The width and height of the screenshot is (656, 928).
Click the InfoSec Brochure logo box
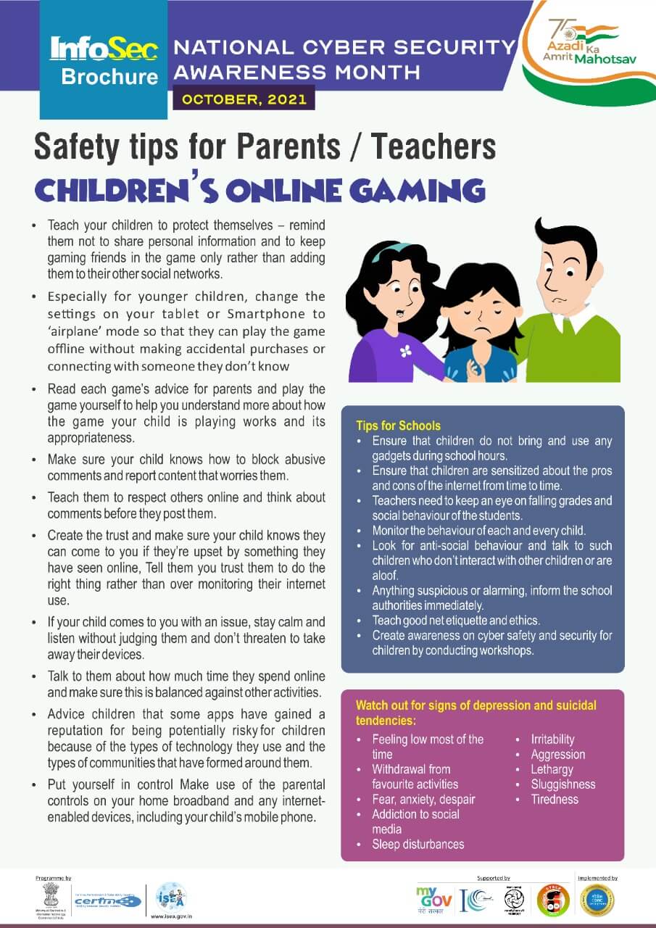tap(104, 60)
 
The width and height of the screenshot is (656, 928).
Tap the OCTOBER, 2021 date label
tap(244, 99)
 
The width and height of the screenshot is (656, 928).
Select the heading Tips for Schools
tap(398, 426)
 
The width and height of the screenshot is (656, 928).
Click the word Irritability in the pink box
tap(552, 739)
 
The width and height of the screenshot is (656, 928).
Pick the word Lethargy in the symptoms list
tap(552, 769)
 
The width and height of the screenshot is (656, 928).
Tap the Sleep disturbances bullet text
tap(418, 844)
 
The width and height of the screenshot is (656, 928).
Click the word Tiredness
tap(555, 799)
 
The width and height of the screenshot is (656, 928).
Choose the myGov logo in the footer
tap(433, 900)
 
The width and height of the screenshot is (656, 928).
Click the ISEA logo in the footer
tap(171, 897)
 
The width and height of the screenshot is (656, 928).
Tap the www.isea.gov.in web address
tap(171, 918)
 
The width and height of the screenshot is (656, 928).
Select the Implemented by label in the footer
tap(597, 878)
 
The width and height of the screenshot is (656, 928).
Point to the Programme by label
tap(54, 878)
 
